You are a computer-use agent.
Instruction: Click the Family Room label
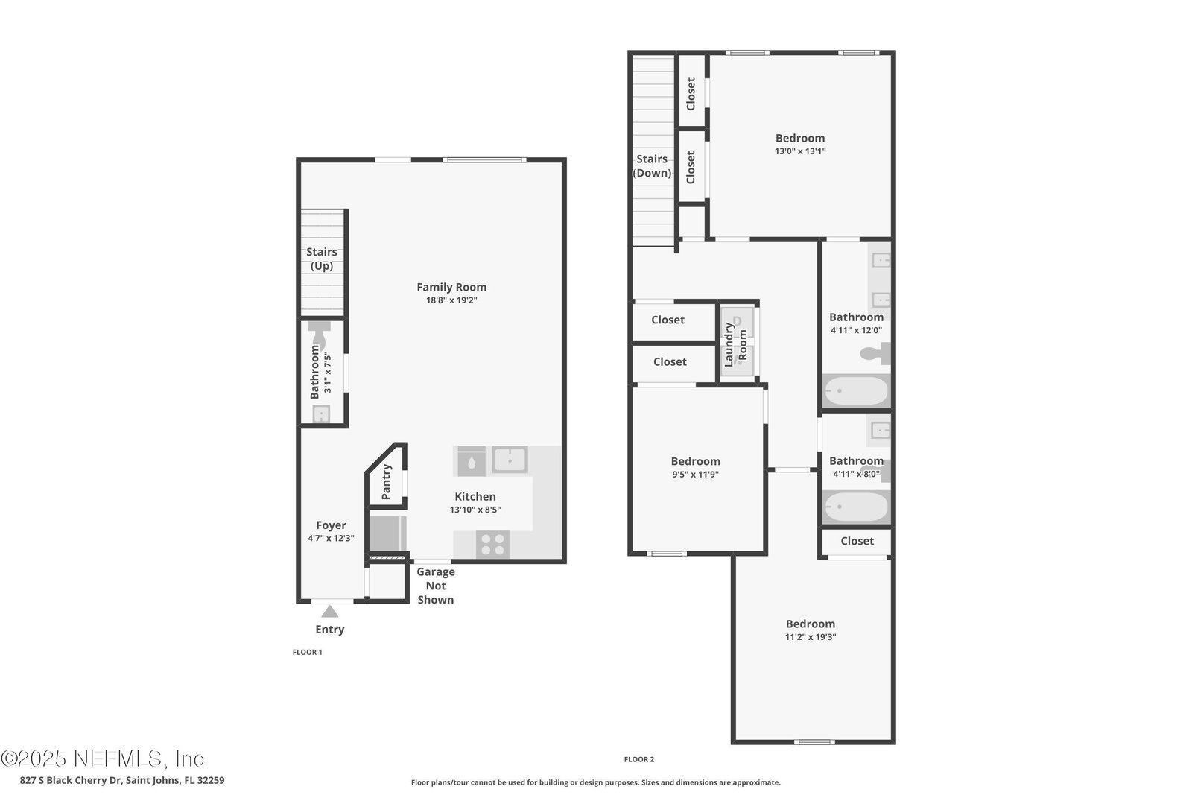point(451,287)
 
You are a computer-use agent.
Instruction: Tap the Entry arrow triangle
point(330,612)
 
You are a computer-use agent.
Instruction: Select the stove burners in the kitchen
point(492,545)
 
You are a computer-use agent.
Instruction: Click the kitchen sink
point(510,459)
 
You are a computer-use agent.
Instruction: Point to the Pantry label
point(387,482)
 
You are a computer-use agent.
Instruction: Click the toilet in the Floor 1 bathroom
point(319,335)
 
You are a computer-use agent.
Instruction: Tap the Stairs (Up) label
point(321,259)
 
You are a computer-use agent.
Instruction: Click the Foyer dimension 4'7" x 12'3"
point(331,538)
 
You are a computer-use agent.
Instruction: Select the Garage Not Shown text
point(436,586)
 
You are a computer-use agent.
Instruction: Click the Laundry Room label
point(736,345)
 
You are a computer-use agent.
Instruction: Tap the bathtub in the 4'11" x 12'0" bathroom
point(856,391)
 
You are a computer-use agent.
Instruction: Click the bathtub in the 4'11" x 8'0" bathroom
point(856,506)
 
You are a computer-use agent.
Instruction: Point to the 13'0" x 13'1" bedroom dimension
point(800,151)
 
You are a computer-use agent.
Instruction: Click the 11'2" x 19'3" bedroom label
point(811,624)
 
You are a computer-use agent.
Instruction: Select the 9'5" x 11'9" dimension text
point(696,474)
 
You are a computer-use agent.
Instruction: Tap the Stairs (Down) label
point(652,165)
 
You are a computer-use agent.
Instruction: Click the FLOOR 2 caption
point(639,759)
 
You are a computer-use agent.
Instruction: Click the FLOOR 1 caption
point(307,652)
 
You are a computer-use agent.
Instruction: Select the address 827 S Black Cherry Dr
point(72,780)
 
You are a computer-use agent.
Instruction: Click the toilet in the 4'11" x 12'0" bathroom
point(875,353)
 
